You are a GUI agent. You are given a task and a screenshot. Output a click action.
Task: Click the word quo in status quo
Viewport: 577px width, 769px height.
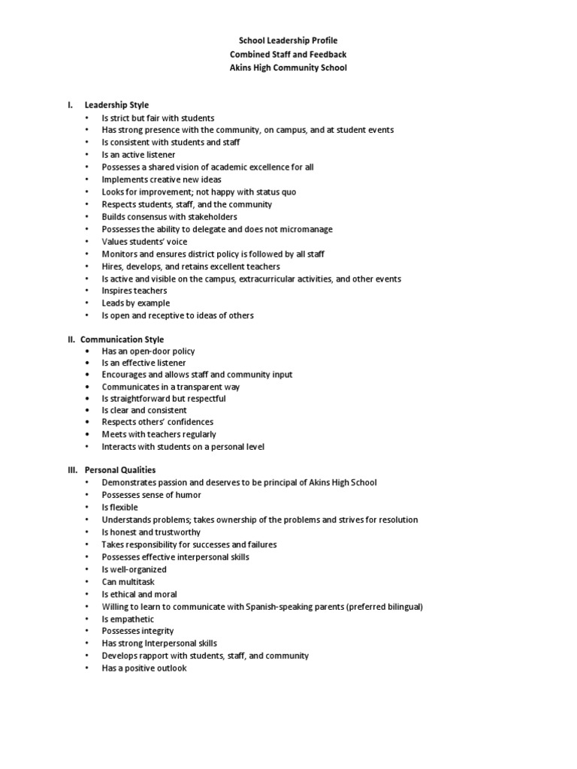288,192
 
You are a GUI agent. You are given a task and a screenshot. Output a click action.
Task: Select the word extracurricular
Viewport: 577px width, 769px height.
279,279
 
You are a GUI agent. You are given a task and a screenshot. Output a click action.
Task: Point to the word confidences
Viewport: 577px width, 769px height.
190,422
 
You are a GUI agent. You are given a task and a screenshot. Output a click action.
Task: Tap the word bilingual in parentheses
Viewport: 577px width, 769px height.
404,607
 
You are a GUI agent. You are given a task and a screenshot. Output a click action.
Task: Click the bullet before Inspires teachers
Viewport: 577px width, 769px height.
87,291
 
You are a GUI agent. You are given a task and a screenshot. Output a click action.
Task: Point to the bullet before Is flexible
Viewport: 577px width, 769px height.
87,508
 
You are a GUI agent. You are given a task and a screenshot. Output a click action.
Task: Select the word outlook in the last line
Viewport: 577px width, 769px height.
171,668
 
